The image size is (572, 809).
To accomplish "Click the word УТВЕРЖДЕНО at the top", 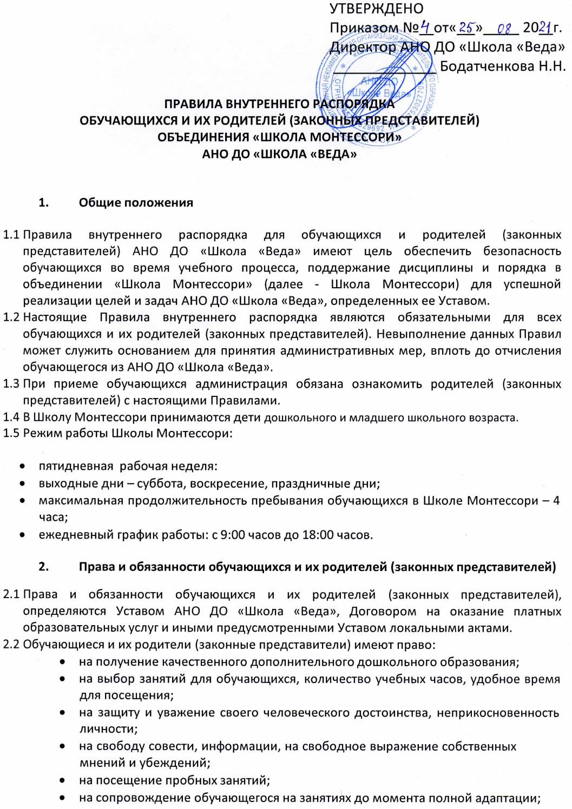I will [x=376, y=9].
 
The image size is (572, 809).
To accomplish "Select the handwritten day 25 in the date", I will [x=466, y=26].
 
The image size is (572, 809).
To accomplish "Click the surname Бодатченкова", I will [x=486, y=66].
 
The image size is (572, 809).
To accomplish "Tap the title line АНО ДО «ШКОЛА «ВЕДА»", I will [x=279, y=154].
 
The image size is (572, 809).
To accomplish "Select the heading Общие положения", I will [x=136, y=203].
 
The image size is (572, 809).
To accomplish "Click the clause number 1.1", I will [x=11, y=235].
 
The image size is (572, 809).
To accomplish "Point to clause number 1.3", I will [x=11, y=384].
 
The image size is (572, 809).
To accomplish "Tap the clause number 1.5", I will [x=11, y=434].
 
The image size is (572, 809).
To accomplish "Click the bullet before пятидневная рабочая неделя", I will [x=22, y=466].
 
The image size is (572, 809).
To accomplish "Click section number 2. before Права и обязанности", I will [x=44, y=567].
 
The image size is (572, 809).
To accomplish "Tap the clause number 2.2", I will [x=11, y=645].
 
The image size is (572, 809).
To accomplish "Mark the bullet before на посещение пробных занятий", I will [x=64, y=780].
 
